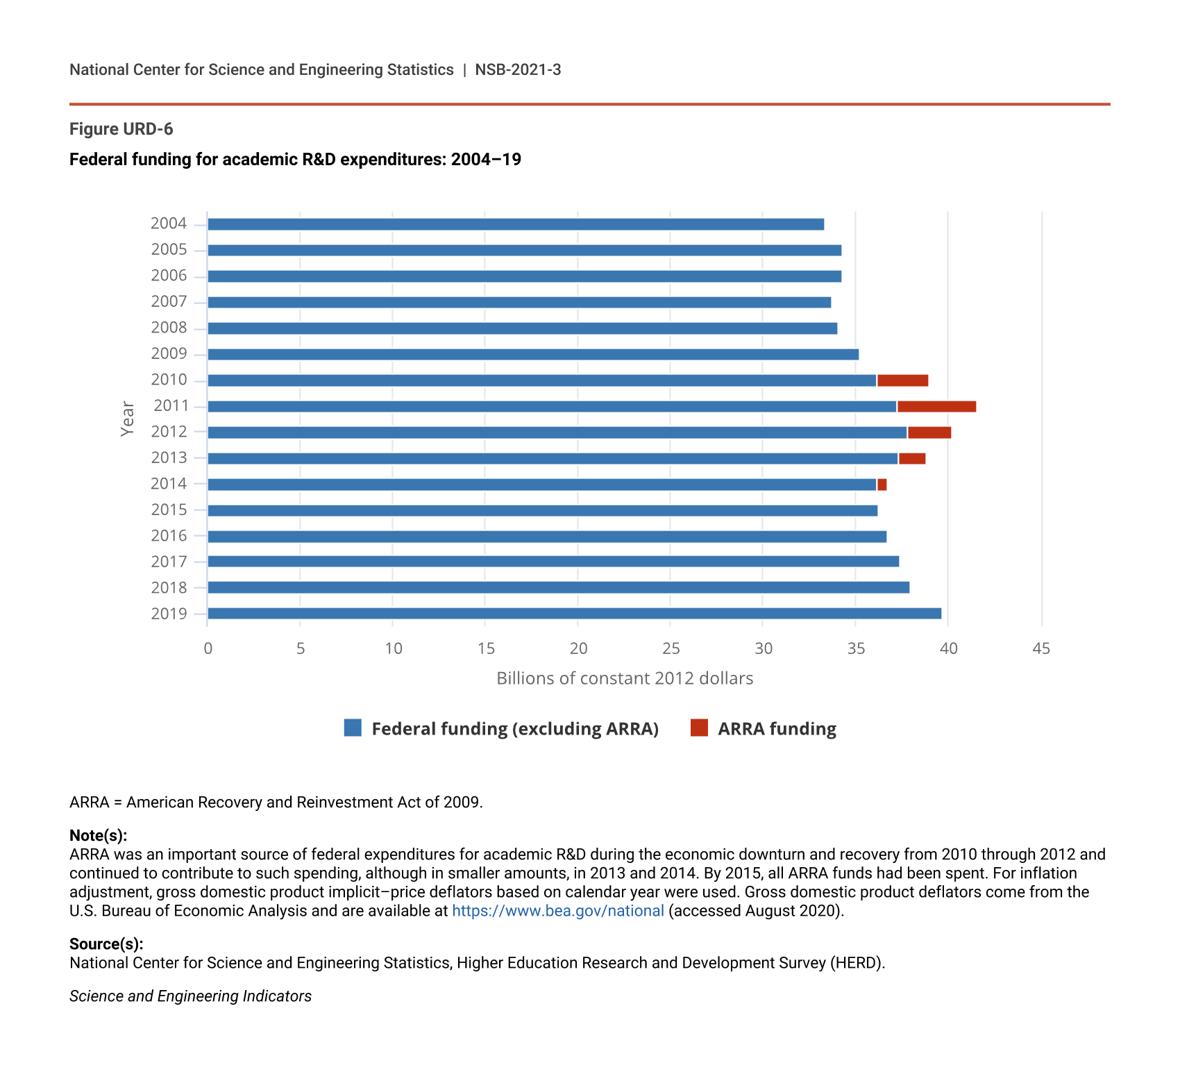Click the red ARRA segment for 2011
[x=936, y=407]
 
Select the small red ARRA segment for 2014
[x=882, y=485]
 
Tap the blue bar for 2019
[x=574, y=614]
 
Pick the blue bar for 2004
[x=515, y=224]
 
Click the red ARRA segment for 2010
[x=902, y=380]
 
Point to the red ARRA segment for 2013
[x=912, y=459]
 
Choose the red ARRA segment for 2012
[x=929, y=433]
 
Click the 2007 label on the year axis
[x=169, y=302]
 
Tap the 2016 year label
[x=169, y=536]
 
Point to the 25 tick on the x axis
[x=671, y=649]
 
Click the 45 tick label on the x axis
[x=1041, y=649]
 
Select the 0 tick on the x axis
[x=208, y=649]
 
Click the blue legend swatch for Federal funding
[x=353, y=728]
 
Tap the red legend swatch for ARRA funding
[x=699, y=728]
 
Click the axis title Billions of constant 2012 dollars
[x=625, y=678]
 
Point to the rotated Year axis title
[x=128, y=419]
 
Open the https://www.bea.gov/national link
[x=558, y=911]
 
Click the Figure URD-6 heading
[x=121, y=129]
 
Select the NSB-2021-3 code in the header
[x=518, y=70]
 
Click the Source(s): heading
[x=106, y=944]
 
